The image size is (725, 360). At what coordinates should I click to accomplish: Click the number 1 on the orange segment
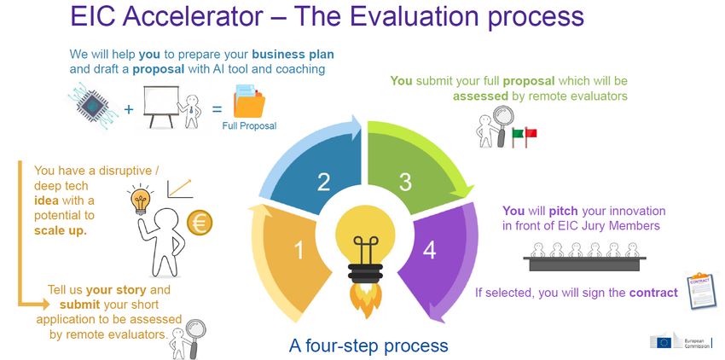[299, 250]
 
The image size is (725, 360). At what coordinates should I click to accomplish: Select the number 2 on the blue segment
[323, 182]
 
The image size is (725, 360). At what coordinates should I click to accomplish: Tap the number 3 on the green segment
[405, 183]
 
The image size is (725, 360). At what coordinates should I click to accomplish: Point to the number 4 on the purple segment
[430, 250]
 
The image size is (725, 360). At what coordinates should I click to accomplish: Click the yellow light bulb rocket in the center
[365, 259]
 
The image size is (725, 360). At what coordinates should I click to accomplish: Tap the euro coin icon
[200, 223]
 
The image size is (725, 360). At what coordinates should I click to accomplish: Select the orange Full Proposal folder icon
[249, 102]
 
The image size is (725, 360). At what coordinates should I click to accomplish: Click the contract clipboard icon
[701, 290]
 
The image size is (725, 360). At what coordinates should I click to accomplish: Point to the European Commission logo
[681, 340]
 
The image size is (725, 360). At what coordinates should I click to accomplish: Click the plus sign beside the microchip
[129, 109]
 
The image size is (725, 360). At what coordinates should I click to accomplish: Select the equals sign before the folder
[217, 110]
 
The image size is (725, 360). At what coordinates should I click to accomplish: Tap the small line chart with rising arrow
[180, 189]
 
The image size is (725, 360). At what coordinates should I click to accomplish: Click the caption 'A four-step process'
[368, 345]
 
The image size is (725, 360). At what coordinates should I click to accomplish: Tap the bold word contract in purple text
[653, 293]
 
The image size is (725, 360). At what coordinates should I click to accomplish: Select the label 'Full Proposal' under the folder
[249, 126]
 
